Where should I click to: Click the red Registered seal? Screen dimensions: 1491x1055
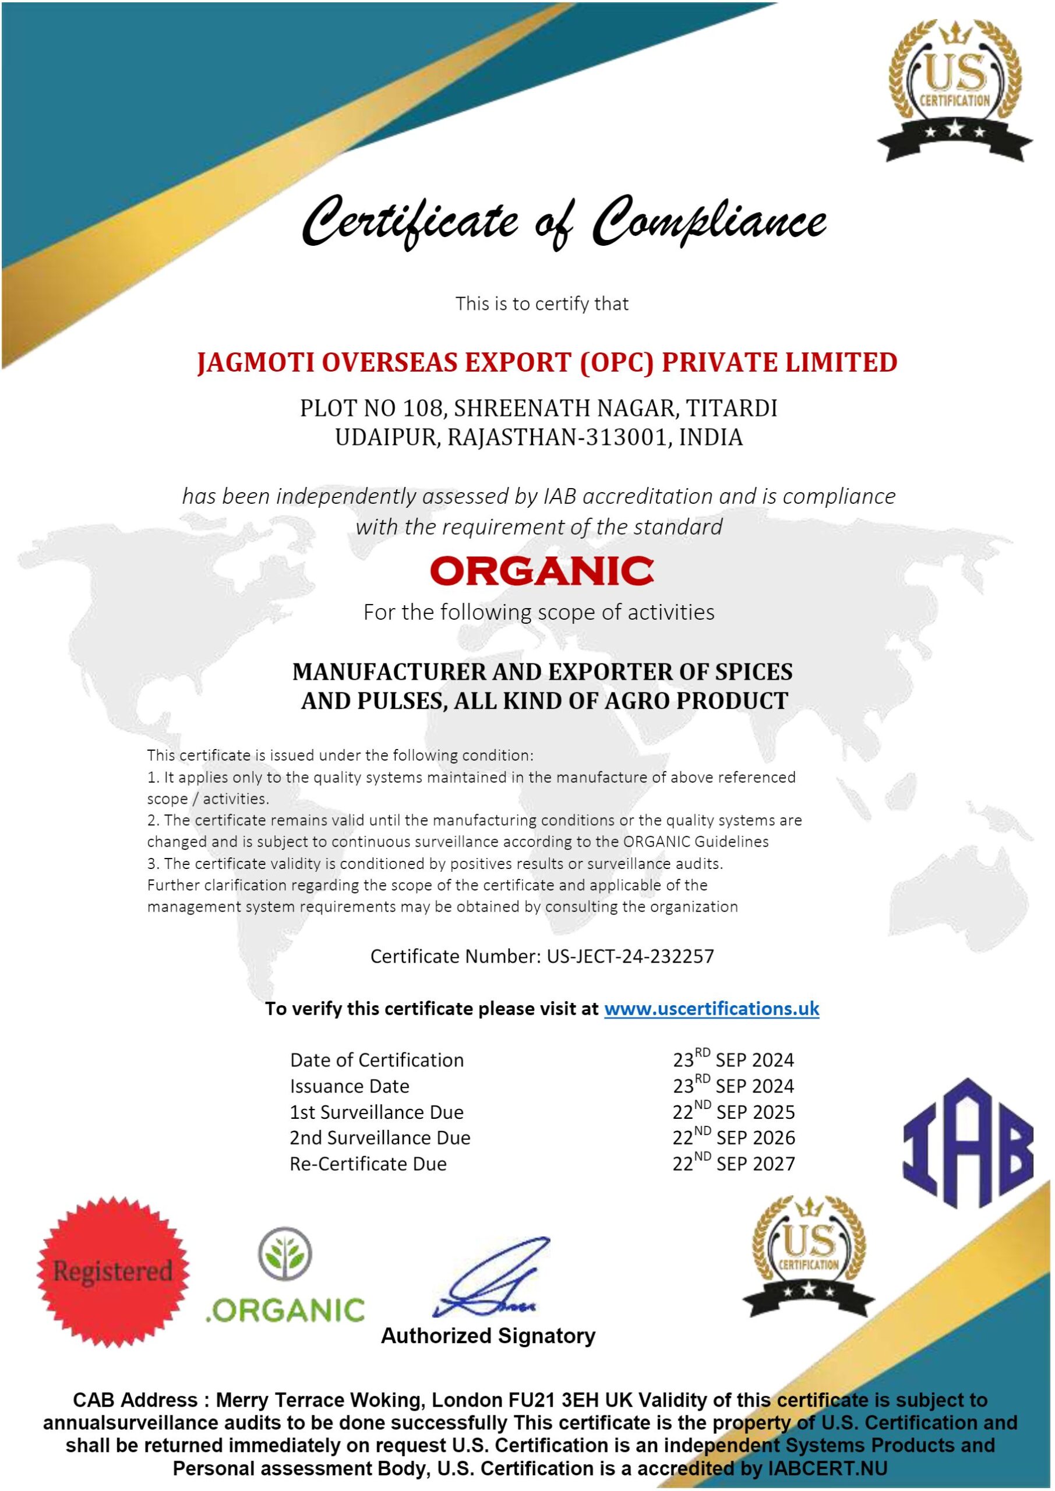pos(113,1272)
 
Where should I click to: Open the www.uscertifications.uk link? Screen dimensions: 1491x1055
pos(711,1009)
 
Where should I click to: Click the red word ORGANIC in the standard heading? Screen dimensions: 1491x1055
pos(541,571)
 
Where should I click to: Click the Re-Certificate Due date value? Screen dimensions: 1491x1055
pos(733,1164)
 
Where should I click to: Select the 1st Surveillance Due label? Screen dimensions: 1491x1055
pos(377,1112)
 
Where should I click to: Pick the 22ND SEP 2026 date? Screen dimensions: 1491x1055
pos(733,1137)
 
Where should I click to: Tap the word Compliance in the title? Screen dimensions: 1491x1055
pos(711,222)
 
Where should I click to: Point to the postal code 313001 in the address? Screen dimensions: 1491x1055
pos(626,437)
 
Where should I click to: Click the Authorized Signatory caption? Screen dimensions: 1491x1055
pos(488,1336)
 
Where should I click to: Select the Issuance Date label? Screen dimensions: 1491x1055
pos(350,1086)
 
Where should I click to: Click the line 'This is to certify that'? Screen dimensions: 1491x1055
pos(542,303)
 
